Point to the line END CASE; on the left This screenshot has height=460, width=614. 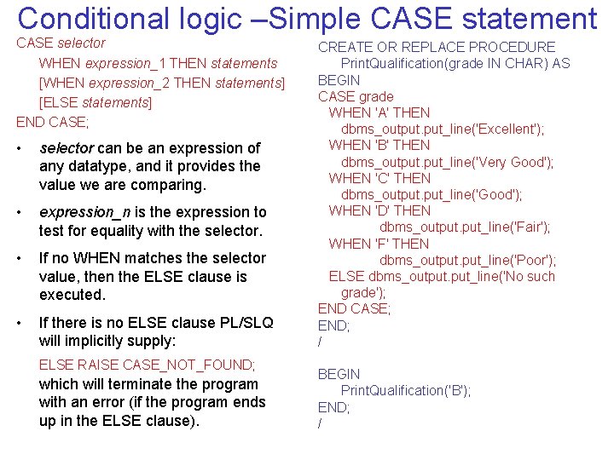point(53,122)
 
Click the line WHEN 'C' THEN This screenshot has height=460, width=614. point(379,178)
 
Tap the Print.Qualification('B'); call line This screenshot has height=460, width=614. point(405,390)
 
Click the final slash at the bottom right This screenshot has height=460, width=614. point(320,423)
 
